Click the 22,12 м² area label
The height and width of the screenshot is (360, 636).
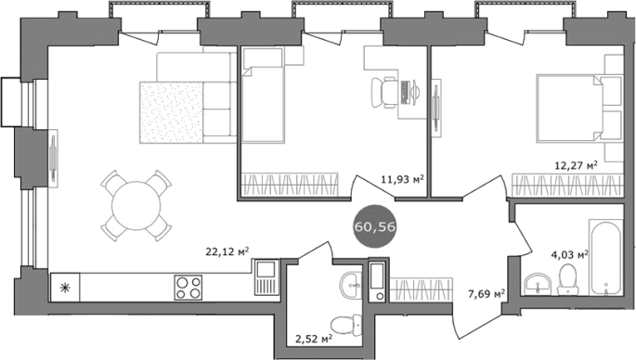click(227, 251)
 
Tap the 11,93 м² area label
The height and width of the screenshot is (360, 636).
click(402, 179)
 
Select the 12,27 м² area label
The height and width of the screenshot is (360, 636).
click(576, 165)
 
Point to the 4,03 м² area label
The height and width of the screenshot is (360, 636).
click(569, 254)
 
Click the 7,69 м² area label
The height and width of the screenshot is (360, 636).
click(487, 293)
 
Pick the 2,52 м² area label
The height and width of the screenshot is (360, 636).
click(315, 338)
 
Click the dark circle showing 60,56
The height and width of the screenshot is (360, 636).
click(375, 226)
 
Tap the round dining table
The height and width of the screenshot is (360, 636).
click(136, 206)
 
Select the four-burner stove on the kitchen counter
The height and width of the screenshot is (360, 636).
click(188, 288)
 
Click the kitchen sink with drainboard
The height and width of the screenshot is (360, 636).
click(266, 277)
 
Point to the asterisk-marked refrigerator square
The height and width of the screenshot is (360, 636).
click(65, 288)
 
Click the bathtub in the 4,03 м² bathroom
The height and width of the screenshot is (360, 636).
click(606, 257)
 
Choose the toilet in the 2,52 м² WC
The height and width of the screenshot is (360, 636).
click(346, 325)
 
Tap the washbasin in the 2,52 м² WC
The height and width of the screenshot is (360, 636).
click(350, 286)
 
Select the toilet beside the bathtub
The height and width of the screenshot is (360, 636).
click(567, 279)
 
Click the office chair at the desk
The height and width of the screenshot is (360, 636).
click(384, 93)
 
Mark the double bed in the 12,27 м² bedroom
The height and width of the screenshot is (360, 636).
click(579, 109)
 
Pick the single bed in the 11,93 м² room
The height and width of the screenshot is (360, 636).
click(263, 95)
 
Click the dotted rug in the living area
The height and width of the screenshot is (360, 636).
click(171, 112)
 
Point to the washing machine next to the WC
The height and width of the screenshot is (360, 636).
click(377, 281)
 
